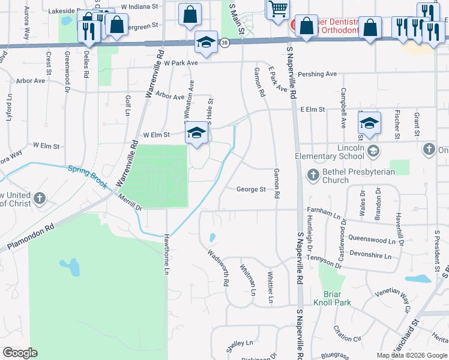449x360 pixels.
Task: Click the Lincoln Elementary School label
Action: [330, 152]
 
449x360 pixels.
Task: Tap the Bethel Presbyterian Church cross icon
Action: [313, 175]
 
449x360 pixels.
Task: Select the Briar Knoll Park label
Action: [331, 298]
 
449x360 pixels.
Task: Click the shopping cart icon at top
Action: [277, 10]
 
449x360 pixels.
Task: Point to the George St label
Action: [251, 190]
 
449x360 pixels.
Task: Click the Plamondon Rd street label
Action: [31, 238]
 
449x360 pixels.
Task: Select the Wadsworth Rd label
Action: [218, 266]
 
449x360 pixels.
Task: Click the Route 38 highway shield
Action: [224, 43]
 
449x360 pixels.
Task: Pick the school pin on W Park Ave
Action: [206, 44]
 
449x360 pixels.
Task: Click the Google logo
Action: [20, 353]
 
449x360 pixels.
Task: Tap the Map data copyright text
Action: [412, 355]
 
